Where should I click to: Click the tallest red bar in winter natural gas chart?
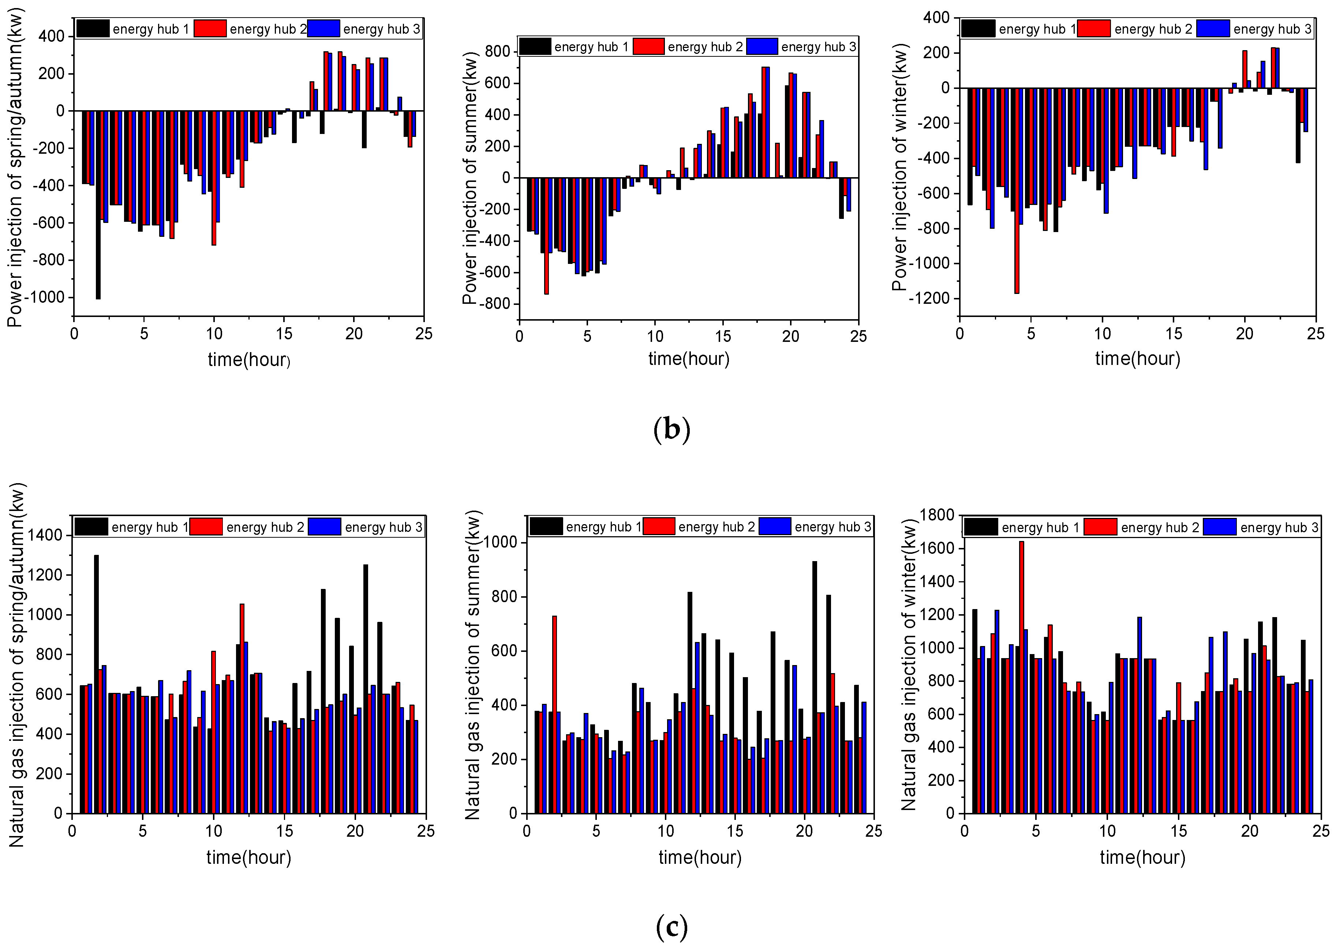pyautogui.click(x=1021, y=677)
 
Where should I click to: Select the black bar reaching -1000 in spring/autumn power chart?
pyautogui.click(x=98, y=204)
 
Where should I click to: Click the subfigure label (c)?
pyautogui.click(x=671, y=926)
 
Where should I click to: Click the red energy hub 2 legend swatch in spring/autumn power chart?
pyautogui.click(x=210, y=29)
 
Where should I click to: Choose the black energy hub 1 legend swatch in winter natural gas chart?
pyautogui.click(x=981, y=527)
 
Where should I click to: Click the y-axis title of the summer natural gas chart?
pyautogui.click(x=473, y=665)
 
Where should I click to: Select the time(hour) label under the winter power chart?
pyautogui.click(x=1137, y=358)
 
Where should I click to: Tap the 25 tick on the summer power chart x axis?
pyautogui.click(x=858, y=336)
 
